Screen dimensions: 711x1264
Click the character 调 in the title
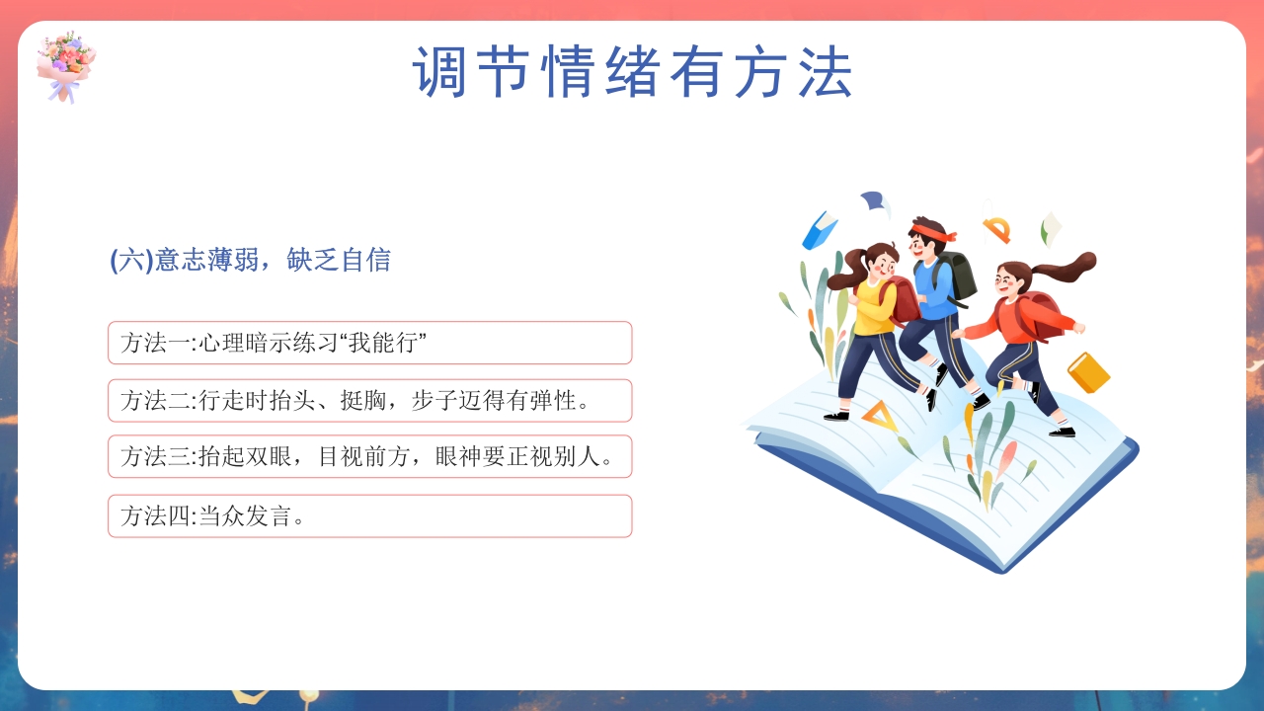440,72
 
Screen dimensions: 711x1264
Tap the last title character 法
826,72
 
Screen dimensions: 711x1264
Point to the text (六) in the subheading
129,261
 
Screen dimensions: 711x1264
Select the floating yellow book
1088,372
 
